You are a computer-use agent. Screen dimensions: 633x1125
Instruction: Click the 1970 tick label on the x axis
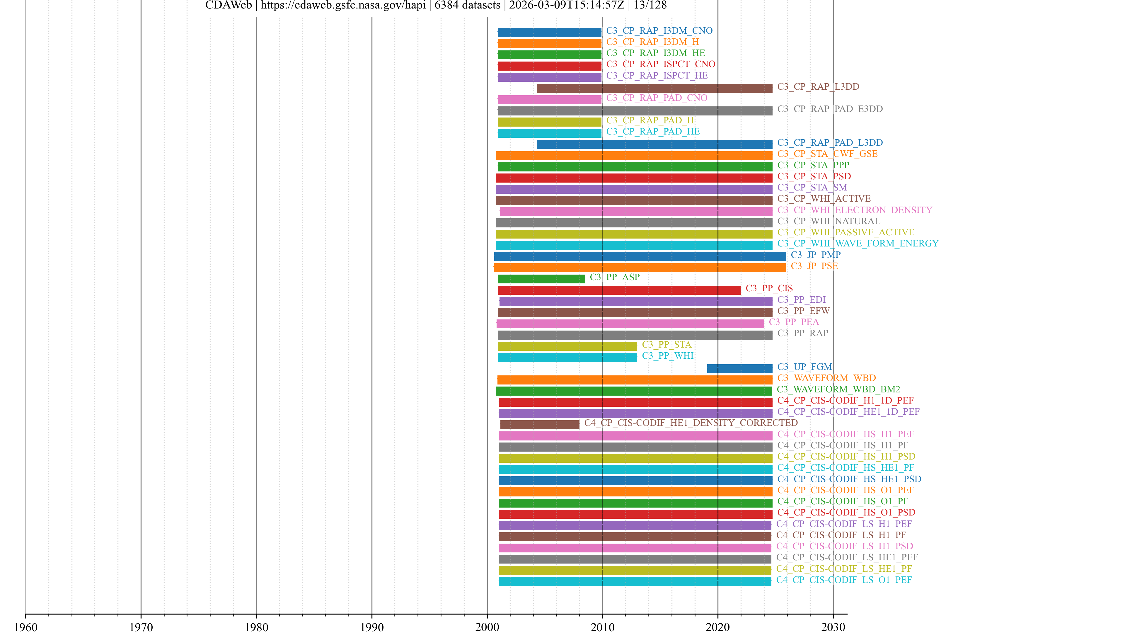click(141, 627)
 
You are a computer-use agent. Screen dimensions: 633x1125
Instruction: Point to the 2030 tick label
click(833, 627)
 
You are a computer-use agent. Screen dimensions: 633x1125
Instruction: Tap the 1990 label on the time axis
click(372, 627)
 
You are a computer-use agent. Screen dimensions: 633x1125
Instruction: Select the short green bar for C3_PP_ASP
click(541, 279)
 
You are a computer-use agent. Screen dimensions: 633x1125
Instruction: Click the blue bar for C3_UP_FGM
click(739, 368)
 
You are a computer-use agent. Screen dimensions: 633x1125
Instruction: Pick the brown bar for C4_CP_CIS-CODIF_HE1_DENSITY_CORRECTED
click(539, 424)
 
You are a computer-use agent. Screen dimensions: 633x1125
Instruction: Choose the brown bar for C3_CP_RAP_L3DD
click(654, 88)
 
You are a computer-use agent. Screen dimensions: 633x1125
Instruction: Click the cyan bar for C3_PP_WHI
click(567, 357)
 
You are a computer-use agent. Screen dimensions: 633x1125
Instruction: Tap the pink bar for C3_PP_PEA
click(630, 324)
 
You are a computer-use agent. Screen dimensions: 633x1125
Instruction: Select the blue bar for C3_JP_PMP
click(640, 256)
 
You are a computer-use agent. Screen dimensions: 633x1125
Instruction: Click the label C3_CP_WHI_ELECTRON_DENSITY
click(854, 210)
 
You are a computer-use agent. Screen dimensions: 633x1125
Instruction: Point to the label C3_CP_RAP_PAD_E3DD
click(830, 109)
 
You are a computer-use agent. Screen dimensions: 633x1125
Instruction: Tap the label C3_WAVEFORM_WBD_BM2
click(838, 389)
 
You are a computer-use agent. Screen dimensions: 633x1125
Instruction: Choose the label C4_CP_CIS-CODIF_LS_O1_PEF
click(844, 580)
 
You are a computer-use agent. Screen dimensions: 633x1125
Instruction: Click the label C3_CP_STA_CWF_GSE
click(827, 154)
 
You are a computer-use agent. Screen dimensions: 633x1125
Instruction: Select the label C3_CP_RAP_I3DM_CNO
click(659, 30)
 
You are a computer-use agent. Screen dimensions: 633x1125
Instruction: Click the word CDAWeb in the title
click(229, 5)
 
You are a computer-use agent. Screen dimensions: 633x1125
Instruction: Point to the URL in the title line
click(343, 5)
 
